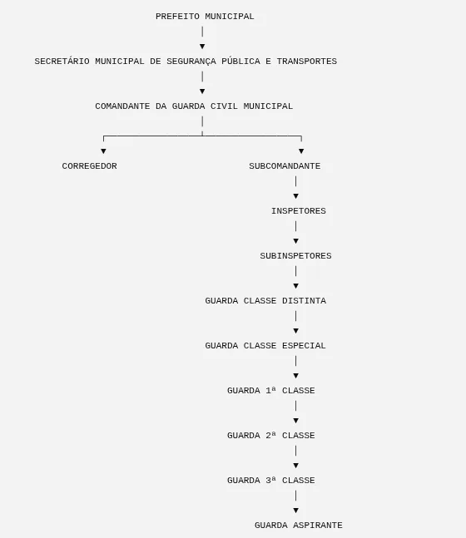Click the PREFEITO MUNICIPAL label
(205, 17)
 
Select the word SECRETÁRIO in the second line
(62, 61)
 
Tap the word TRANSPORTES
(307, 62)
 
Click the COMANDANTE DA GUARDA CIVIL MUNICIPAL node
(194, 106)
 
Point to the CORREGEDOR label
(89, 166)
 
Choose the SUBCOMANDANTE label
(285, 166)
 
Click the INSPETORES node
(299, 211)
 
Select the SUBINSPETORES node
(295, 256)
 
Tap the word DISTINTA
(304, 301)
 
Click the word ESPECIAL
(304, 346)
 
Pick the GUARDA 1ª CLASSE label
(271, 391)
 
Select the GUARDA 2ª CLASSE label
(271, 436)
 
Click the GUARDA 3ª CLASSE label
(271, 481)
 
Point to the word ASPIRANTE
(318, 526)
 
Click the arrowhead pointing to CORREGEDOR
(103, 151)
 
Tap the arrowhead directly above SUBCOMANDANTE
(301, 151)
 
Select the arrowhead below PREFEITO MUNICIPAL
(202, 47)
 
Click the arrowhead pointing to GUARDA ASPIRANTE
(295, 511)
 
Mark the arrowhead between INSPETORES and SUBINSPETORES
(295, 241)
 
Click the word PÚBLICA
(240, 61)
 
